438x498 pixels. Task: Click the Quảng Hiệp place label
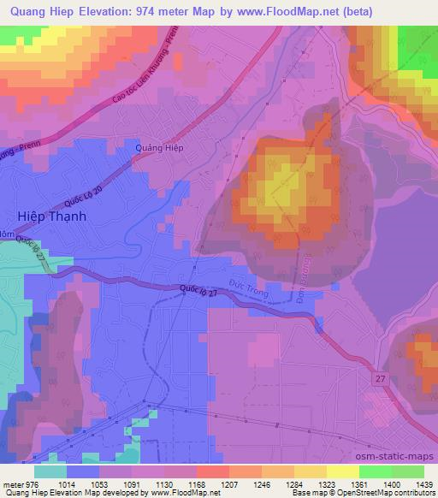[x=160, y=147]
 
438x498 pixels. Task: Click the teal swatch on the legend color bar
[x=50, y=471]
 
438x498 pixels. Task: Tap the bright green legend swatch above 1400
[x=376, y=471]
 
